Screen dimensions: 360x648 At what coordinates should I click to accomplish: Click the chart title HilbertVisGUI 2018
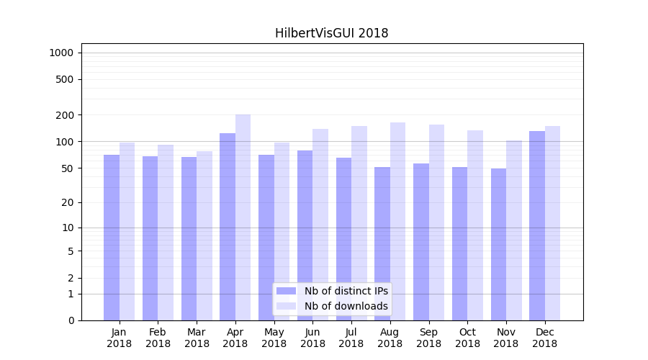point(331,33)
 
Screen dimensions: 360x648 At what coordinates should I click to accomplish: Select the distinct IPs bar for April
point(228,227)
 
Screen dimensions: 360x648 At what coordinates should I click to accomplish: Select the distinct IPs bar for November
point(498,244)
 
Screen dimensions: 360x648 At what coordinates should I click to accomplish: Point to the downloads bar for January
point(127,231)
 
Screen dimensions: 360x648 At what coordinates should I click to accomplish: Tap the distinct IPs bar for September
point(421,242)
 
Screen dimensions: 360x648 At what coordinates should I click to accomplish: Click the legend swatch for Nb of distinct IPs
point(286,291)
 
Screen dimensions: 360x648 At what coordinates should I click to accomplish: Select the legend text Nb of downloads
point(346,306)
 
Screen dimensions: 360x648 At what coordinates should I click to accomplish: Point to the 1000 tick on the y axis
point(61,53)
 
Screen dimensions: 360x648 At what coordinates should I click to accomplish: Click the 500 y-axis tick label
point(65,79)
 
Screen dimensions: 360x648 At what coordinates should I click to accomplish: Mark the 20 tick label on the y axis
point(68,202)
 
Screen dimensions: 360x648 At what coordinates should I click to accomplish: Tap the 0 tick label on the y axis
point(71,320)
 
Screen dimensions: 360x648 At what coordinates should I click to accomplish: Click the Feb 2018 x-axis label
point(158,338)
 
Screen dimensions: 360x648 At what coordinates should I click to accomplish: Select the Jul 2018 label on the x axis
point(351,338)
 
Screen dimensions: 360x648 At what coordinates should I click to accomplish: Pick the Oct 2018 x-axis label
point(467,338)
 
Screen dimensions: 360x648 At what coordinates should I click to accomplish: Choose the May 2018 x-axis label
point(274,338)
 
